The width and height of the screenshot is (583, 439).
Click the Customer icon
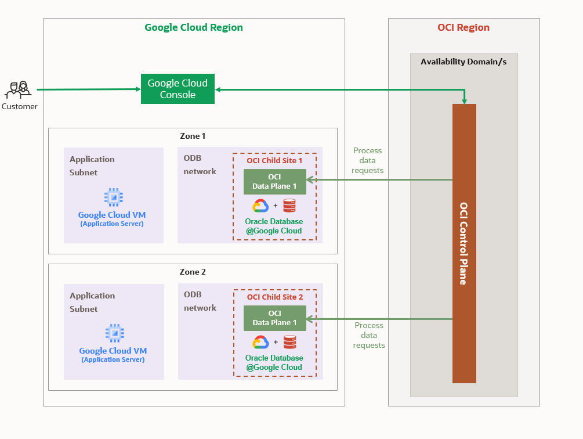click(17, 90)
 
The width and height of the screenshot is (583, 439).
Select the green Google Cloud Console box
click(178, 89)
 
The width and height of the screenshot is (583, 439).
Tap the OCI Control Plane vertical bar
click(464, 243)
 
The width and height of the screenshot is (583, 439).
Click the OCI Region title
click(463, 27)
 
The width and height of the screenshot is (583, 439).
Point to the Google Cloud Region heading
click(193, 27)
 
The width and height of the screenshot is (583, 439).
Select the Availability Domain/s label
click(463, 62)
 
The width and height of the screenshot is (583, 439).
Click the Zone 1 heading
click(193, 136)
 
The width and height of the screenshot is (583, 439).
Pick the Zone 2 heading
click(193, 272)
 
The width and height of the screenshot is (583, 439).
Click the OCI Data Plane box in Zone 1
click(274, 182)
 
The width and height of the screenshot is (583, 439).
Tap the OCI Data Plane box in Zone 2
click(274, 318)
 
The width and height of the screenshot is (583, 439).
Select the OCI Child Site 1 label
click(274, 160)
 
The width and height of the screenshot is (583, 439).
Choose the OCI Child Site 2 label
click(274, 297)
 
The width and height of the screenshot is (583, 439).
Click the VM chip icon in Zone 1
click(114, 197)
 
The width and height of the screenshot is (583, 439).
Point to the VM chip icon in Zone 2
click(114, 333)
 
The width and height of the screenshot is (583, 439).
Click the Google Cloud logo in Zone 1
click(260, 206)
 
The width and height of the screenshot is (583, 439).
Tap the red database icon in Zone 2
click(289, 341)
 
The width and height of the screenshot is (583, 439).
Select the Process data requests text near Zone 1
click(368, 160)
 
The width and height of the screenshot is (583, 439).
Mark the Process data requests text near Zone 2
click(369, 335)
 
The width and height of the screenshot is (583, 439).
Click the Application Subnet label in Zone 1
click(92, 165)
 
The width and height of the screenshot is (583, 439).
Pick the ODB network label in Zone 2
click(200, 301)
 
